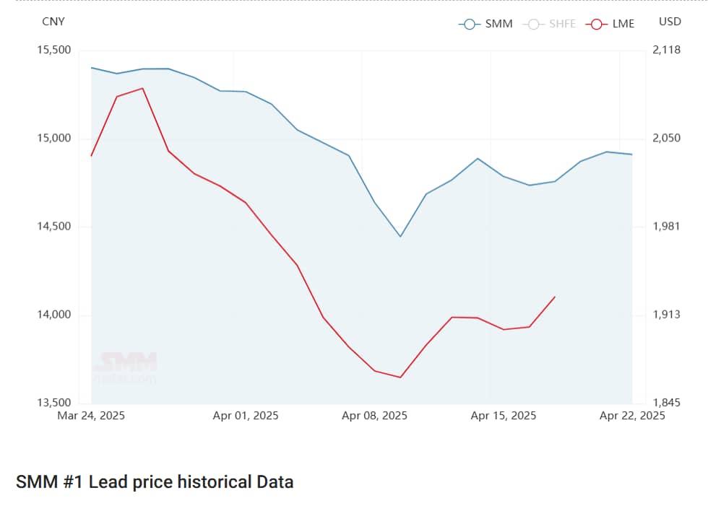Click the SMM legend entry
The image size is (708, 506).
point(485,24)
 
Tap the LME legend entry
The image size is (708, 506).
point(612,24)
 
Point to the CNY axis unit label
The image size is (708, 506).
point(53,22)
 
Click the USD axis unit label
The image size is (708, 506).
point(670,22)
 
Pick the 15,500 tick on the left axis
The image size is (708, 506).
point(53,50)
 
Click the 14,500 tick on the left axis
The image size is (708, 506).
point(53,227)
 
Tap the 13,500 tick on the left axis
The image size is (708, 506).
point(53,403)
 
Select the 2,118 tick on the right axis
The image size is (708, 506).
point(666,50)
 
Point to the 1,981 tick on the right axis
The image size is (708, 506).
point(666,227)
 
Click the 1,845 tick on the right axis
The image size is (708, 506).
point(666,403)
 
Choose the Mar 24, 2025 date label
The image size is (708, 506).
point(92,416)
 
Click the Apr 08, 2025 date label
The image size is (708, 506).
point(374,416)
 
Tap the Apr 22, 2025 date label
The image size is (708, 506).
point(632,416)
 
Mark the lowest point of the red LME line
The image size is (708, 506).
point(400,377)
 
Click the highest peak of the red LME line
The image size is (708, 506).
point(142,88)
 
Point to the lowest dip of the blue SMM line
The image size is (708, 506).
point(400,237)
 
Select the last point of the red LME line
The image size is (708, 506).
point(555,297)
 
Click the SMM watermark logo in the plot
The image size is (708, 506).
point(129,362)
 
